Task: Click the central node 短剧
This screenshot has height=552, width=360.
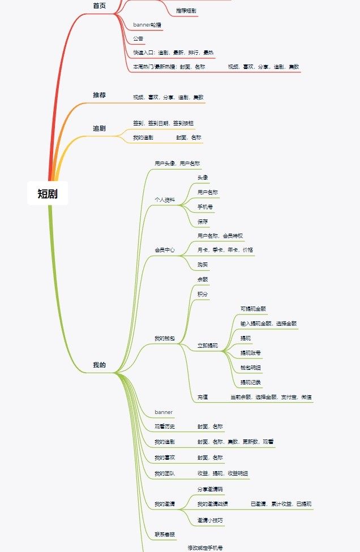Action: tap(48, 194)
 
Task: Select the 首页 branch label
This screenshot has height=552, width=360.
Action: tap(99, 5)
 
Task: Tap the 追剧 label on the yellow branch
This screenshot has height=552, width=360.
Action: tap(99, 128)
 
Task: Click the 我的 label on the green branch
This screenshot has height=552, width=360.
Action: tap(99, 365)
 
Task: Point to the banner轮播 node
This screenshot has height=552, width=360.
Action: tap(148, 25)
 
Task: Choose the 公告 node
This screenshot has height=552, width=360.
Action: tap(138, 38)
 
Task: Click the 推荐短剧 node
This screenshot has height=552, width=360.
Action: tap(186, 10)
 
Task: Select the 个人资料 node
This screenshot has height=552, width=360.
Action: tap(165, 200)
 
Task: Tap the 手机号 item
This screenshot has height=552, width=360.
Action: tap(205, 207)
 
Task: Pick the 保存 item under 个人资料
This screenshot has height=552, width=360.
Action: tap(203, 221)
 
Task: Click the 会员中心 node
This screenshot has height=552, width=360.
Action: tap(165, 249)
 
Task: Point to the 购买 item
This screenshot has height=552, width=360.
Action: tap(203, 264)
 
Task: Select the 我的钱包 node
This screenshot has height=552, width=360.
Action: tap(165, 338)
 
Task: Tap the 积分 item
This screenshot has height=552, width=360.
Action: tap(203, 294)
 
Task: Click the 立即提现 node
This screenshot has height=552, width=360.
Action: tap(207, 345)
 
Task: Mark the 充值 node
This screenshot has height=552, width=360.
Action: tap(203, 397)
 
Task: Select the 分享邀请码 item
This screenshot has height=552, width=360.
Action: tap(210, 489)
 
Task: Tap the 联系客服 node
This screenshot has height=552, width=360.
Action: tap(165, 534)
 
